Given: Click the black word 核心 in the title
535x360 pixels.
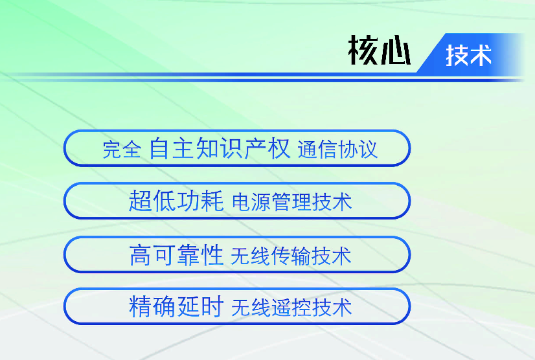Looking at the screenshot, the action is pyautogui.click(x=379, y=50).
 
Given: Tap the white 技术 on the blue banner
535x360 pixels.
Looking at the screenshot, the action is pyautogui.click(x=468, y=55).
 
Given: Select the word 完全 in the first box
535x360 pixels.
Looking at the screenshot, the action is pyautogui.click(x=122, y=150).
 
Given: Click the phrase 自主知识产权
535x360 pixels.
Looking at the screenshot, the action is pyautogui.click(x=220, y=148).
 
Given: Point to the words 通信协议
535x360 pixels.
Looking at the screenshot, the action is pyautogui.click(x=338, y=150).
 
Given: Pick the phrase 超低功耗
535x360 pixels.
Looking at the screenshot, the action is pyautogui.click(x=176, y=201).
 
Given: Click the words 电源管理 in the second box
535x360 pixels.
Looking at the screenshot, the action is pyautogui.click(x=272, y=201).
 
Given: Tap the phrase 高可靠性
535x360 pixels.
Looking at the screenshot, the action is pyautogui.click(x=176, y=255).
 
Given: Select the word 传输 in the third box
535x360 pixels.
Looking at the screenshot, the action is pyautogui.click(x=291, y=256).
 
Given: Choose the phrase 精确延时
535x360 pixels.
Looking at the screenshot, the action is pyautogui.click(x=176, y=306).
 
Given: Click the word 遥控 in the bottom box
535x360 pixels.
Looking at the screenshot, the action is pyautogui.click(x=291, y=308).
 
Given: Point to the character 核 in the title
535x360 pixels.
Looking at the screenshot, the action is pyautogui.click(x=363, y=50).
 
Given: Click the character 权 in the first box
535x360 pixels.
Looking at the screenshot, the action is pyautogui.click(x=279, y=148).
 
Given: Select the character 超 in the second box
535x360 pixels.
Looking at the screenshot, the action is pyautogui.click(x=141, y=201).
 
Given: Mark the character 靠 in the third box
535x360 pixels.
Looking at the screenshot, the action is pyautogui.click(x=188, y=255).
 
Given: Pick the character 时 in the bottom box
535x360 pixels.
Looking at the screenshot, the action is pyautogui.click(x=212, y=306).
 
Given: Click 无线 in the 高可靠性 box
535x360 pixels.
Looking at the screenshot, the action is pyautogui.click(x=251, y=256).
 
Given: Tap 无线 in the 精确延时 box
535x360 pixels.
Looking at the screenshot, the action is pyautogui.click(x=251, y=308).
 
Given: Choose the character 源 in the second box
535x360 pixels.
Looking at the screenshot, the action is pyautogui.click(x=262, y=201).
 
